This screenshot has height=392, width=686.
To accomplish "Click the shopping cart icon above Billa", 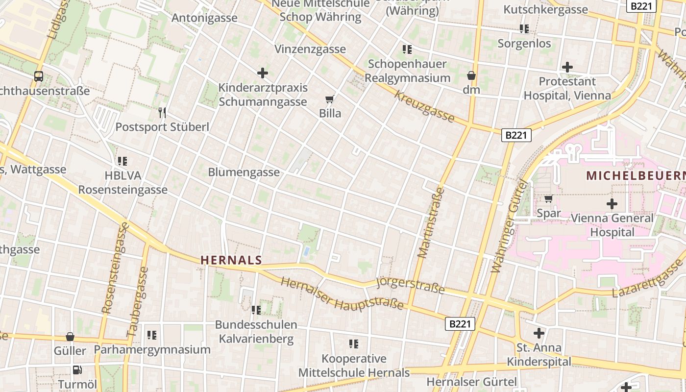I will [x=330, y=99].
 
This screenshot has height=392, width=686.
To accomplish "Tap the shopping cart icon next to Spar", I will [x=549, y=199].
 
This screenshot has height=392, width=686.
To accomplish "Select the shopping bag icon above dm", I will [x=471, y=76].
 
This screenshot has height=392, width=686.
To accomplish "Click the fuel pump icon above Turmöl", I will [x=77, y=370].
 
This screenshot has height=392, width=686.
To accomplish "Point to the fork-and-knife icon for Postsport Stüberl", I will [x=162, y=113].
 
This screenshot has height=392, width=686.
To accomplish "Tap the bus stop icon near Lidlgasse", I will [x=39, y=76].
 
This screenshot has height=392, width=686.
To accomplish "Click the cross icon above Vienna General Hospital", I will [x=612, y=203].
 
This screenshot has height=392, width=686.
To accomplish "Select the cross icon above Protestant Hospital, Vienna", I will [x=567, y=67].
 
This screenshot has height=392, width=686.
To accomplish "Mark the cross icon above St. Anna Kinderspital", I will [x=539, y=333].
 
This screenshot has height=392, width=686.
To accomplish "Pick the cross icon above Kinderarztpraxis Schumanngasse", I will [x=263, y=73].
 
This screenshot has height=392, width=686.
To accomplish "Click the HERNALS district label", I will [x=231, y=260].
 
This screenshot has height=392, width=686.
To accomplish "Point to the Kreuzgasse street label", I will [x=424, y=106].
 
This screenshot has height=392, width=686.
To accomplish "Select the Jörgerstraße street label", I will [x=410, y=285].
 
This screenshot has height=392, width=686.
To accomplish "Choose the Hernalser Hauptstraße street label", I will [x=342, y=294].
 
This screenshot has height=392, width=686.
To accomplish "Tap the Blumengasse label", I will [x=244, y=172].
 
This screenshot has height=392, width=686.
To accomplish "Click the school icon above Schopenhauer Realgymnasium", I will [x=407, y=49].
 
